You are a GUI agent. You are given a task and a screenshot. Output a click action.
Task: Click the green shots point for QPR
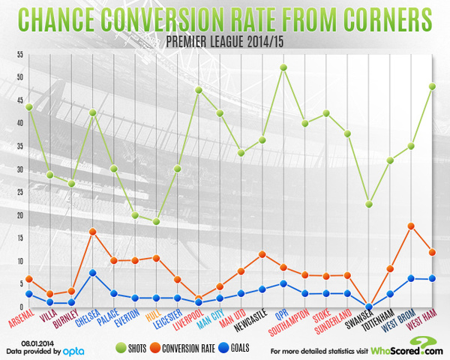(283, 67)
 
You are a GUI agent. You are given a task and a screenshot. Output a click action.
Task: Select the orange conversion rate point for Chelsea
(92, 232)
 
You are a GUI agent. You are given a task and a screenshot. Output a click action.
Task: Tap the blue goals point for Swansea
(369, 306)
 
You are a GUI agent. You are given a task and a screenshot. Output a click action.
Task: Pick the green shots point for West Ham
(433, 86)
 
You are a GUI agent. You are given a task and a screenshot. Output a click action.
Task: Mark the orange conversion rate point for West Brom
(412, 226)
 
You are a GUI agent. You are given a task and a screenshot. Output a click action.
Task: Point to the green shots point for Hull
(156, 221)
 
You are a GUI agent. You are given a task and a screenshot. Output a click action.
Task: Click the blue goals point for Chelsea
(92, 273)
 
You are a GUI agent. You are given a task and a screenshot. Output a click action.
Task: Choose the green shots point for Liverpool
(199, 90)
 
